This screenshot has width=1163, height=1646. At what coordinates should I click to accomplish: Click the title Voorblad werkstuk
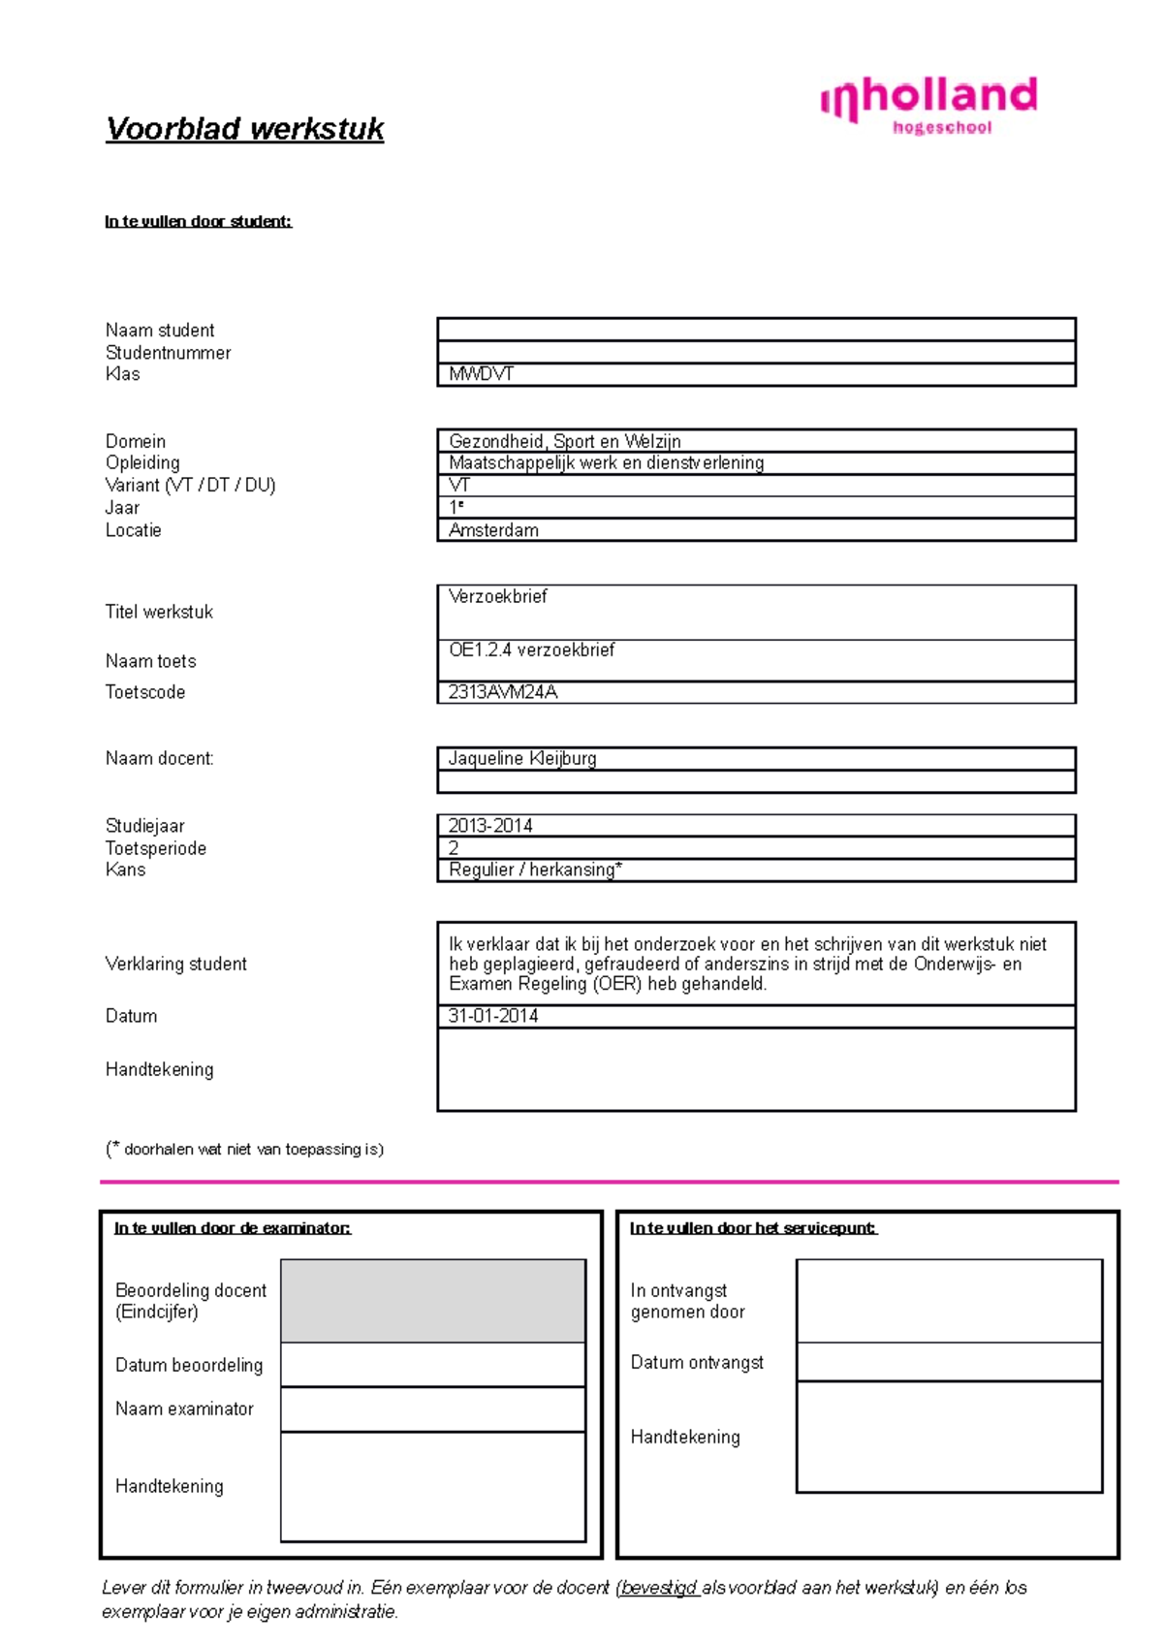coord(244,129)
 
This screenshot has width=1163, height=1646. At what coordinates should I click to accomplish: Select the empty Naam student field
coord(756,330)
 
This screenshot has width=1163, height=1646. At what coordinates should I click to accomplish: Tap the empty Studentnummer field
coord(756,353)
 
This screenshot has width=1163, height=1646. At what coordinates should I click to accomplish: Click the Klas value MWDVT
coord(481,374)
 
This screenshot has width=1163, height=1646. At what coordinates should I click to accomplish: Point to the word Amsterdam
coord(493,530)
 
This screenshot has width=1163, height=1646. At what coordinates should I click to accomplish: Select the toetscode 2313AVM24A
coord(502,692)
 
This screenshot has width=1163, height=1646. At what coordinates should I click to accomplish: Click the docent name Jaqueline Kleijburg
coord(522,758)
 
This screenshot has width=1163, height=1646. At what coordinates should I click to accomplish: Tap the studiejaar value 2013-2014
coord(490,826)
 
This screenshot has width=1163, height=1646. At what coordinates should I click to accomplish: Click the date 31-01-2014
coord(493,1016)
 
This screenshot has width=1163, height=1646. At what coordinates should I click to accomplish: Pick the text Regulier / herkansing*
coord(535,870)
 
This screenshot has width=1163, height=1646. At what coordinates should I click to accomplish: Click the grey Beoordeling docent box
coord(433,1301)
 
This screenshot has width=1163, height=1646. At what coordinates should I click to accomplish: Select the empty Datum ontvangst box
coord(949,1362)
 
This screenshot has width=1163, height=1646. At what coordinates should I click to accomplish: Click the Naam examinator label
coord(184,1409)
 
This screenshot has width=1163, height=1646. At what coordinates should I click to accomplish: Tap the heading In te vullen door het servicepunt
coord(753,1228)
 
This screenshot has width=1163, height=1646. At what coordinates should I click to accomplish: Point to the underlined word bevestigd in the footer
coord(658,1588)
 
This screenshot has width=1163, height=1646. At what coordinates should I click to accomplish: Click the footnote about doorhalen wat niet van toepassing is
coord(245,1149)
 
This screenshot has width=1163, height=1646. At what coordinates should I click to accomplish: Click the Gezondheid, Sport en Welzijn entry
coord(564,441)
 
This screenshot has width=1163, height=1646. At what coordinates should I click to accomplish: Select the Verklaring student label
coord(175,964)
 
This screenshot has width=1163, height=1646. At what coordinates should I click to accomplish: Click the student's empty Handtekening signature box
coord(756,1069)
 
